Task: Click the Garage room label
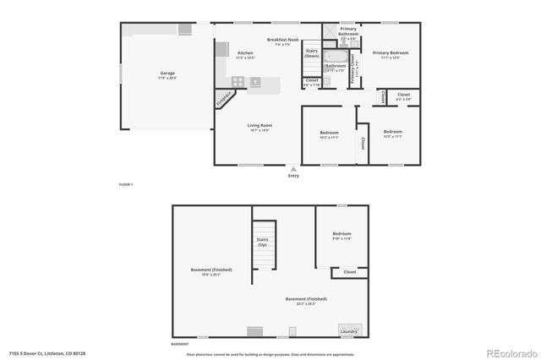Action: [167, 74]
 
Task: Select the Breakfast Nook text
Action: [282, 41]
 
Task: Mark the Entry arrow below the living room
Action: [293, 169]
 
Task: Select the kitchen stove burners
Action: [238, 82]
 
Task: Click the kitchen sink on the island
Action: [256, 82]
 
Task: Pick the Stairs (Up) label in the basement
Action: [263, 242]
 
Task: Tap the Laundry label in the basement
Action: [348, 331]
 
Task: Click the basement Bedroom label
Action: [342, 234]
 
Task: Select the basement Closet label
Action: [350, 272]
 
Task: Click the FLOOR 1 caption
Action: [125, 183]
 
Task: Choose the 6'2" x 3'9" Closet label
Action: [403, 96]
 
